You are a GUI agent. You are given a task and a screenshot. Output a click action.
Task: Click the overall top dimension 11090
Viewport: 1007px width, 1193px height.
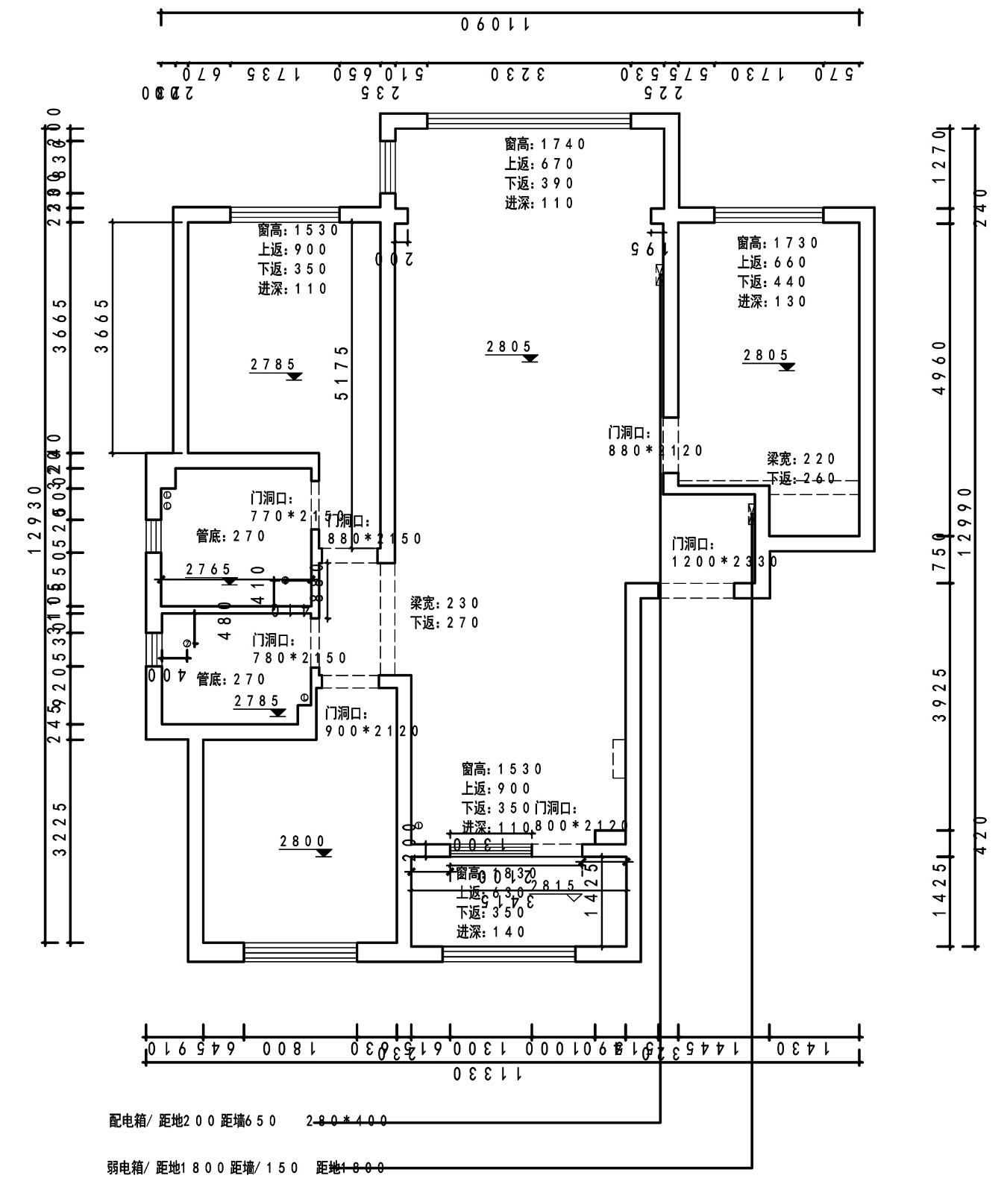[495, 25]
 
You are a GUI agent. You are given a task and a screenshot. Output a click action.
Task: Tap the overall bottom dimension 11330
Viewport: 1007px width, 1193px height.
[488, 1074]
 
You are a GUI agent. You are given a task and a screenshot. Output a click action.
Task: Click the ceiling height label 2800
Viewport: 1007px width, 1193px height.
[303, 842]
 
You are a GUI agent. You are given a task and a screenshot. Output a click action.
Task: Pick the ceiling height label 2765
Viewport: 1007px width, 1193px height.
[209, 570]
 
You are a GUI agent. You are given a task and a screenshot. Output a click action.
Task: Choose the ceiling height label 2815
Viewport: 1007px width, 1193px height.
[553, 886]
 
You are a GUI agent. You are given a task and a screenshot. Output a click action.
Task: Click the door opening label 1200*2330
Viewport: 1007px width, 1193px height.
[725, 561]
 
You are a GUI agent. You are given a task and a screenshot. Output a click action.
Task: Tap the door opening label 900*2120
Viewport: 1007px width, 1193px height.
[372, 731]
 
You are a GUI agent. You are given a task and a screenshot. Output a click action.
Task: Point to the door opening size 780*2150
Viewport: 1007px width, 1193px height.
[301, 658]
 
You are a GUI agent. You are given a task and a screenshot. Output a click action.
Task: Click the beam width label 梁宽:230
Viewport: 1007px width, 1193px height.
[445, 603]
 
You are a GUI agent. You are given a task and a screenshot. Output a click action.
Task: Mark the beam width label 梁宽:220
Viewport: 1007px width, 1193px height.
[801, 459]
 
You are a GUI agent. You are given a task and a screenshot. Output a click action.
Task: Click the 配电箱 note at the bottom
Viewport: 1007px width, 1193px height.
[192, 1121]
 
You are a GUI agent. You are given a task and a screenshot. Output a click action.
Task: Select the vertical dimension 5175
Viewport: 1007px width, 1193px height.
[342, 373]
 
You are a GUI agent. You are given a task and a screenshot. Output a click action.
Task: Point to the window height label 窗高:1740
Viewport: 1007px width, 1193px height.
[545, 144]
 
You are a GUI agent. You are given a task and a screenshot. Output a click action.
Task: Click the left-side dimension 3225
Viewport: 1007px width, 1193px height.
[61, 829]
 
